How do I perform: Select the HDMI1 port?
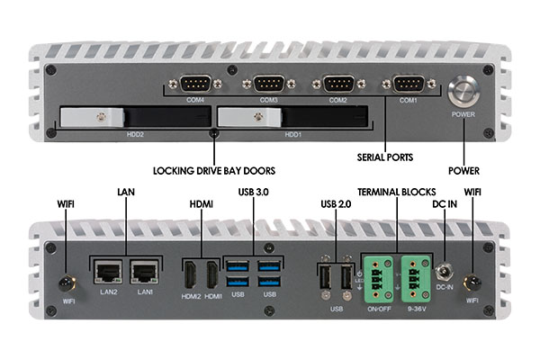point(212,274)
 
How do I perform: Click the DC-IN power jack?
point(444,270)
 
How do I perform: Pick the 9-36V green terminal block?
point(416,274)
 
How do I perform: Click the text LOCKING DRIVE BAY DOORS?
point(213,169)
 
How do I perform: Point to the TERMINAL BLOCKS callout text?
point(396,193)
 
